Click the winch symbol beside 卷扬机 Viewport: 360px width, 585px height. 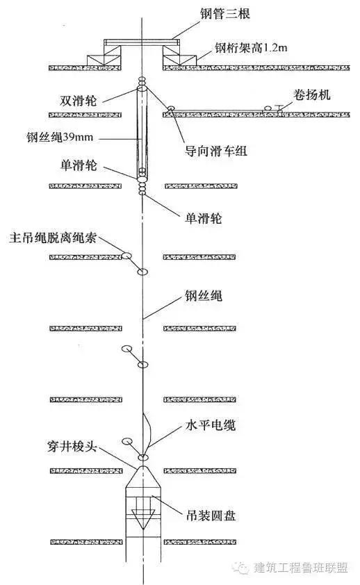tap(268, 108)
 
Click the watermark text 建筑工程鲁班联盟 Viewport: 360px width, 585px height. tap(303, 568)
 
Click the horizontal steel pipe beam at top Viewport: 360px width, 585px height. tap(142, 44)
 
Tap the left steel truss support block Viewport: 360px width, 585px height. tap(104, 57)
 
